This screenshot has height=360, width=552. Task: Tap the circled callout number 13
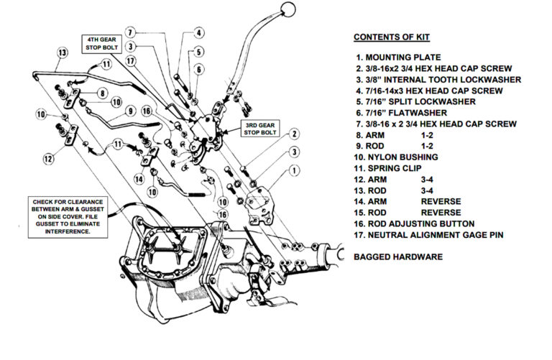[63, 52]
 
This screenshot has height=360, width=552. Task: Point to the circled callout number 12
[49, 159]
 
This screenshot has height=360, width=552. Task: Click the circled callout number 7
[130, 32]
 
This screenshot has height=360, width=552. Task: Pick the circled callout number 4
[199, 32]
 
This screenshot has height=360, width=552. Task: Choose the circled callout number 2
[294, 134]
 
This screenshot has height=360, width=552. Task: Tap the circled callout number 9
[131, 111]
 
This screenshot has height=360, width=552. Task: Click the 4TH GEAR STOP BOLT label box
[101, 44]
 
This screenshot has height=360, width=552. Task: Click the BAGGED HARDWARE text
[397, 257]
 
